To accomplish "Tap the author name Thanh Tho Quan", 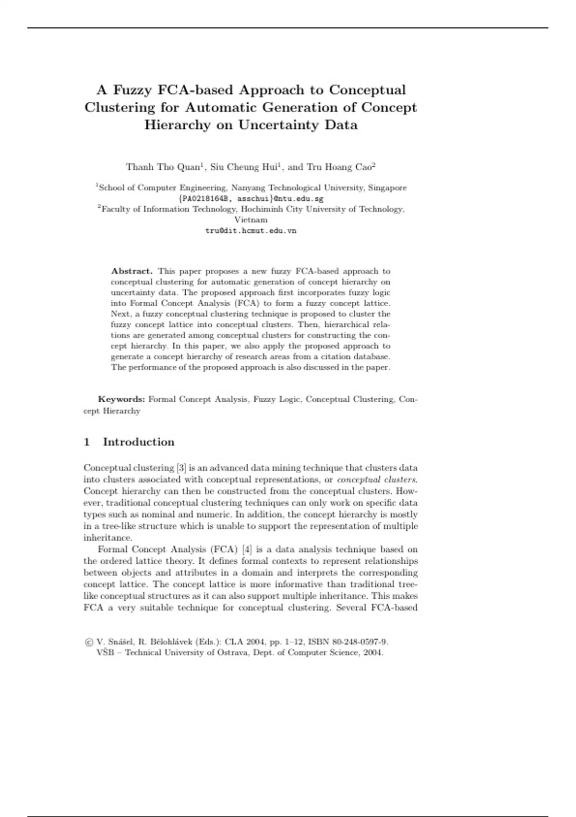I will coord(162,167).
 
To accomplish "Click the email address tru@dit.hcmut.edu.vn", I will coord(251,231).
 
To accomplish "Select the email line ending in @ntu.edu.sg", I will coord(251,198).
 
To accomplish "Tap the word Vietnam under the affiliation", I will coord(251,220).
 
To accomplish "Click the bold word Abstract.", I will coord(132,271).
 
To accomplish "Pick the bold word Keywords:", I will coord(121,399).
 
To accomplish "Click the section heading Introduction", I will coord(139,442).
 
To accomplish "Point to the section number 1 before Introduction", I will coord(87,442).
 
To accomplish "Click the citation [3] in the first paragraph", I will coord(181,468).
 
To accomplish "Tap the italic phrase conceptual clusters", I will coord(377,480).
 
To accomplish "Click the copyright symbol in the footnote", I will coord(89,642).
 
